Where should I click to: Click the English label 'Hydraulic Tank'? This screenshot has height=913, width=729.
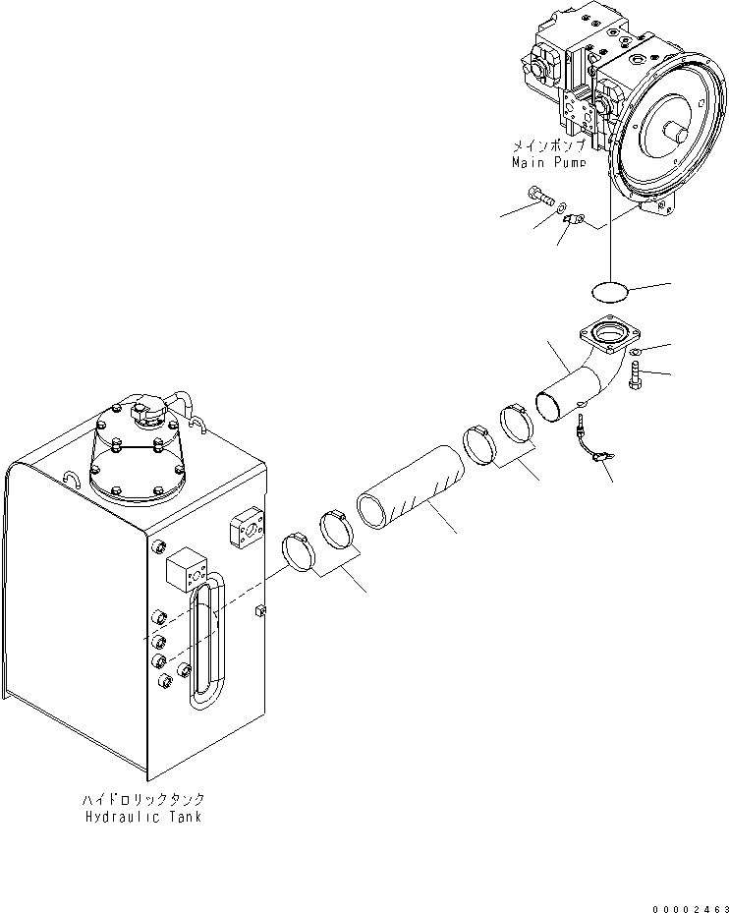coord(143,817)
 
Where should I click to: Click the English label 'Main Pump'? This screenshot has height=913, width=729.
coord(548,162)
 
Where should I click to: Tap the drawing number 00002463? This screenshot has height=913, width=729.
coord(691,908)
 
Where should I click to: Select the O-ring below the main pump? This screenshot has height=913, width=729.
coord(610,292)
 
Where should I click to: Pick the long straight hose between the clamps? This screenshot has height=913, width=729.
coord(411,487)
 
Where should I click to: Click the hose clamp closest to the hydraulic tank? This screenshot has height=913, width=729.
coord(298,551)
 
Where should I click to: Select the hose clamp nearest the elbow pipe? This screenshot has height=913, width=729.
coord(516,423)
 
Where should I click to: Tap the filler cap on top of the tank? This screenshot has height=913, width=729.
coord(149,412)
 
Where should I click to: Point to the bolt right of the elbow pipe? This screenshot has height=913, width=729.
coord(636,374)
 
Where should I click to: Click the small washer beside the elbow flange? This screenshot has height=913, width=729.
coord(636,351)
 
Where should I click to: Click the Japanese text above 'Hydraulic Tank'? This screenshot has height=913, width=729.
coord(143,799)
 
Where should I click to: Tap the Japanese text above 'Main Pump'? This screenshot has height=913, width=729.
coord(548,145)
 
